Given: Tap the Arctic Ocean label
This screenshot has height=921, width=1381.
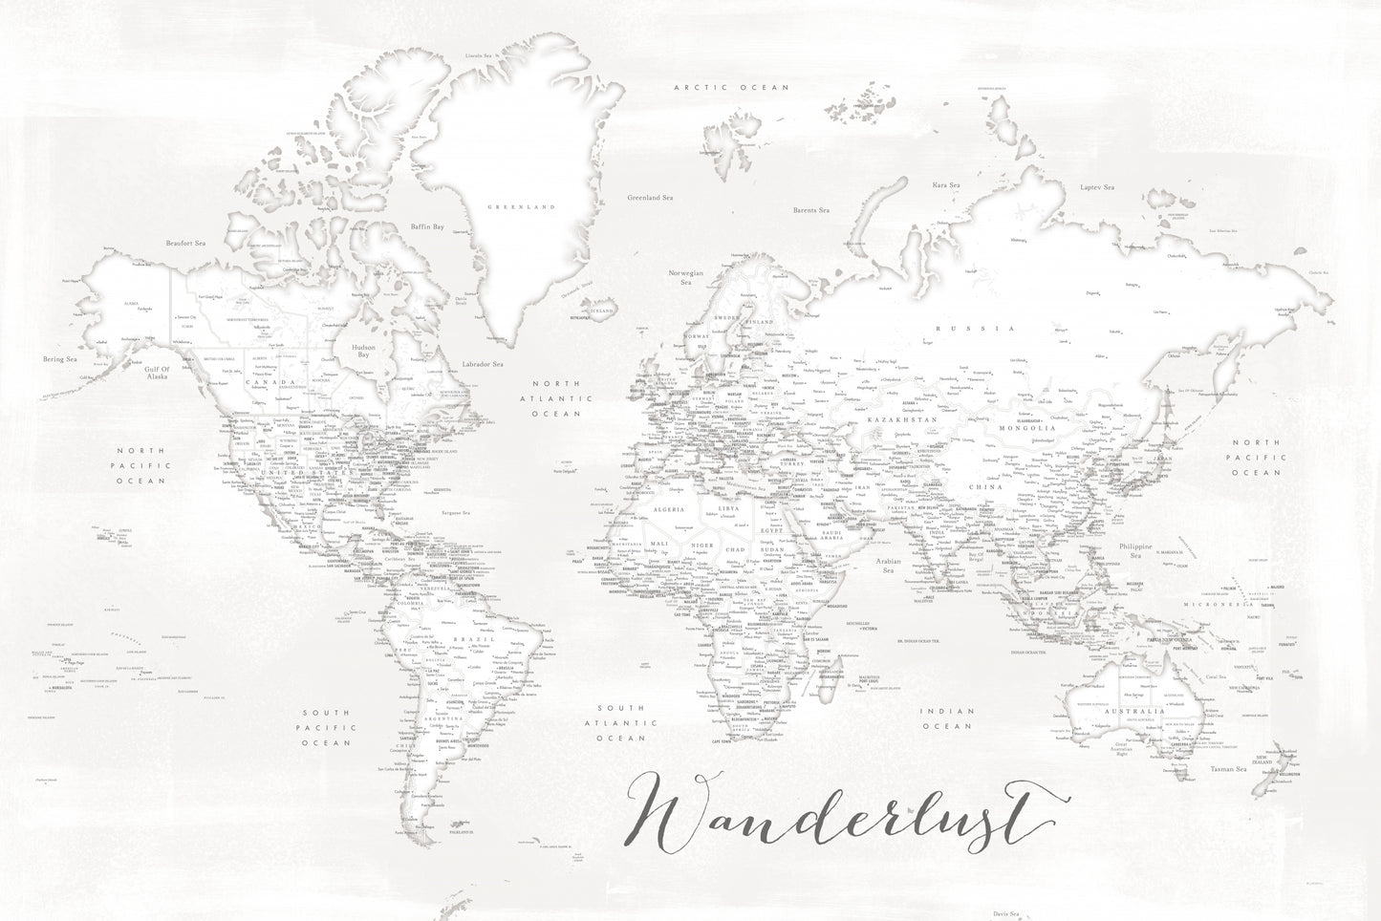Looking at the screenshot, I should [x=730, y=87].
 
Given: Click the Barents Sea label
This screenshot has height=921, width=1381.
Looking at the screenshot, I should [x=810, y=209].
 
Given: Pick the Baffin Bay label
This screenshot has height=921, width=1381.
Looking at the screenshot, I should [x=426, y=226].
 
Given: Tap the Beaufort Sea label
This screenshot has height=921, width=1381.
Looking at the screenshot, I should [x=185, y=244].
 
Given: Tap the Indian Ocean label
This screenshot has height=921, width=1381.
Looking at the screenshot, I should [x=946, y=718].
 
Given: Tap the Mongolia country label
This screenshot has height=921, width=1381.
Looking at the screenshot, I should [x=1028, y=428].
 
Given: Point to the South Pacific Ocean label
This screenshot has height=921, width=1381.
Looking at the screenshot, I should [x=328, y=728].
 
